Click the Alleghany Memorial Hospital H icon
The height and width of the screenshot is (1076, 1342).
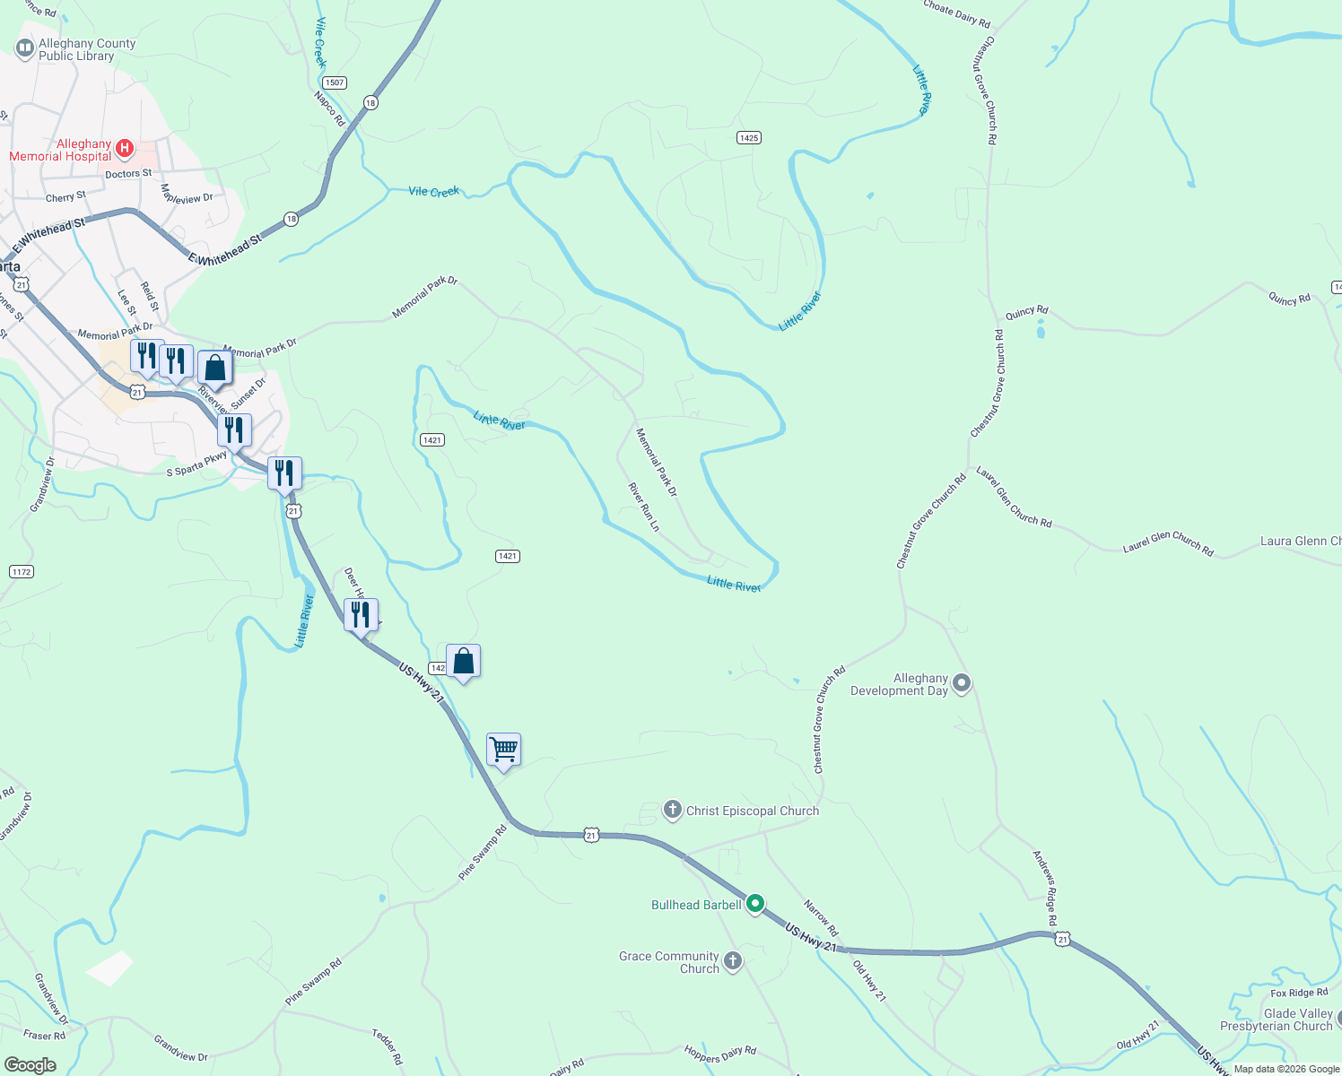[x=125, y=148]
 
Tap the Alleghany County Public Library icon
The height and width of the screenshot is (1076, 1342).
[x=25, y=48]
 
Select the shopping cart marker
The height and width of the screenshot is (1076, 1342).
[x=503, y=749]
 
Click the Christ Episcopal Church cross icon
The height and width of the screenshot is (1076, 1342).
[x=673, y=810]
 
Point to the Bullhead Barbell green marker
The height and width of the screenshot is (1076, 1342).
[x=755, y=903]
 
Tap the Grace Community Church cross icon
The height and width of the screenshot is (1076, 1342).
[x=733, y=962]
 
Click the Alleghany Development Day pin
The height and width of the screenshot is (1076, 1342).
[x=961, y=683]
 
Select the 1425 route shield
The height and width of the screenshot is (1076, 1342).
[x=749, y=137]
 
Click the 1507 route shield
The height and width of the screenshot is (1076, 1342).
[x=335, y=82]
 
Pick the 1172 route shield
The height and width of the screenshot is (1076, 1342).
[x=22, y=571]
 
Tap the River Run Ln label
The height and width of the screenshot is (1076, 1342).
[x=643, y=507]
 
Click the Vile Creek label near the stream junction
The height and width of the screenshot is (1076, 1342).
[x=433, y=191]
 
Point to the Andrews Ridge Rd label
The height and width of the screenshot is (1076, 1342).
[x=1045, y=889]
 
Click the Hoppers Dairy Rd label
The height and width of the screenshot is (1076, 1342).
[x=720, y=1054]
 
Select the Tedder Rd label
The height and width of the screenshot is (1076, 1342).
[x=388, y=1046]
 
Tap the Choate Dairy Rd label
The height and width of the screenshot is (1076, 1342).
[x=957, y=13]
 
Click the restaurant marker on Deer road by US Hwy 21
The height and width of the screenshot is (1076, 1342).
[x=361, y=615]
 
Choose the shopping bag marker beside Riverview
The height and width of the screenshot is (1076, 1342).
[x=214, y=367]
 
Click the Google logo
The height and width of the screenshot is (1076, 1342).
[x=30, y=1065]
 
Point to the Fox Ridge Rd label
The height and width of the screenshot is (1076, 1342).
[x=1299, y=993]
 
